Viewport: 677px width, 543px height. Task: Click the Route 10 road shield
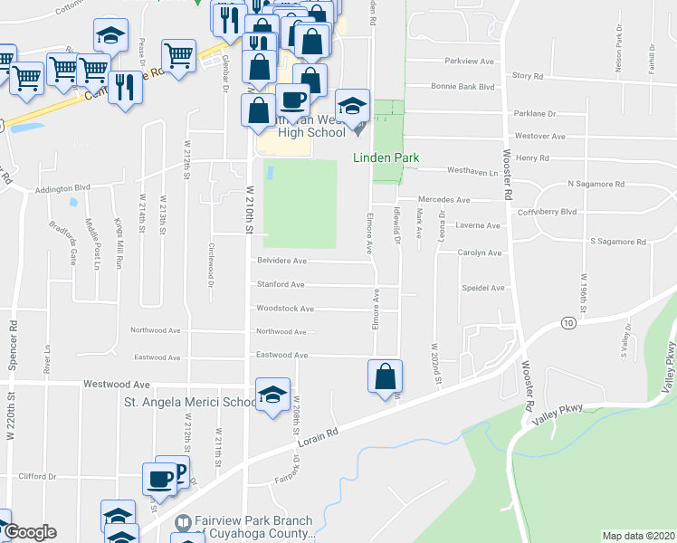(567, 323)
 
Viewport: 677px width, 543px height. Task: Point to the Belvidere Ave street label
(282, 261)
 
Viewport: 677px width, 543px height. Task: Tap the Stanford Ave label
(281, 285)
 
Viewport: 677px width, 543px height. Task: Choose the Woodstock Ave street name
(285, 309)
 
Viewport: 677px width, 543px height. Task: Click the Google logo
(29, 532)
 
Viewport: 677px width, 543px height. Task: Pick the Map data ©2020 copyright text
(637, 536)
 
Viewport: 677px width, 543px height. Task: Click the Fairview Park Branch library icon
(184, 522)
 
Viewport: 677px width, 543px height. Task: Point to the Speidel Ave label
(482, 288)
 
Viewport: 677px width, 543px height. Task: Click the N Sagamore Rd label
(596, 184)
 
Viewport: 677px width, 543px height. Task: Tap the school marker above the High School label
(352, 104)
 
